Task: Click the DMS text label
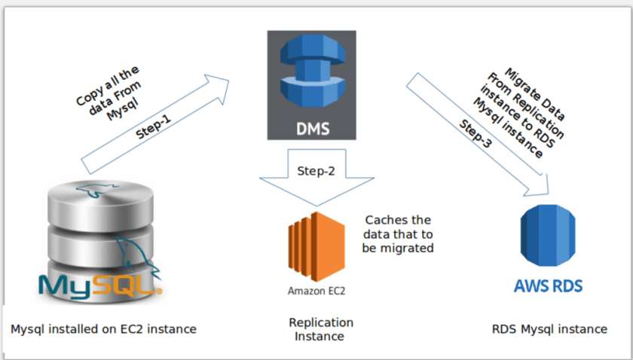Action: [312, 127]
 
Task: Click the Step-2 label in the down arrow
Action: [316, 171]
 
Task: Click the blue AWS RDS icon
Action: [549, 237]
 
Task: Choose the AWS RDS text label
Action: [549, 287]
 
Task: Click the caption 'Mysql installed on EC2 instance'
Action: [103, 329]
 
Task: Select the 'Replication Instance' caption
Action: [321, 329]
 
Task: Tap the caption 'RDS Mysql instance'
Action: [549, 329]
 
